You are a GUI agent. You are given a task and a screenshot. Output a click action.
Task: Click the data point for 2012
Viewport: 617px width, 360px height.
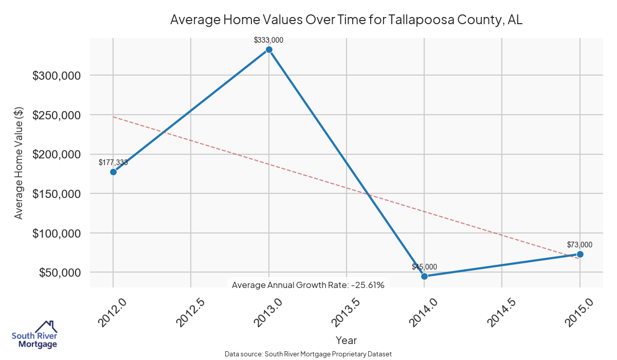(113, 172)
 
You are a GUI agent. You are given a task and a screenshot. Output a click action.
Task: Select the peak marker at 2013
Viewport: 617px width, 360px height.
(269, 49)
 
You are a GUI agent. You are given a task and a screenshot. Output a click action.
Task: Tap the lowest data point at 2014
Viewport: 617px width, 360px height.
(424, 276)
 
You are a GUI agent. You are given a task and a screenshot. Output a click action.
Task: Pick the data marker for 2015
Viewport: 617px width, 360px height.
(580, 254)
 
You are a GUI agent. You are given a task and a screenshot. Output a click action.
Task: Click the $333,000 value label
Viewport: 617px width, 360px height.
(269, 40)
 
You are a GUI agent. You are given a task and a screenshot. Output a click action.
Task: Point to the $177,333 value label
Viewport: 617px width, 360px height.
(113, 163)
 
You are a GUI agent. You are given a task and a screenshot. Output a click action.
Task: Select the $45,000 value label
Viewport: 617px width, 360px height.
(424, 266)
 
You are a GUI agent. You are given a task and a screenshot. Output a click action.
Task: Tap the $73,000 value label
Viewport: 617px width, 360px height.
(579, 245)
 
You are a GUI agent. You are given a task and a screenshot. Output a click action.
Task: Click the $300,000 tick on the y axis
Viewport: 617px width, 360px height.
(57, 76)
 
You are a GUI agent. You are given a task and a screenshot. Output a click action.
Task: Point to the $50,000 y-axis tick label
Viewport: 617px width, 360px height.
(60, 273)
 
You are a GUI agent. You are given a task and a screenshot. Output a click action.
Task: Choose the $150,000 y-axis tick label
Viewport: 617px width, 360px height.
(57, 194)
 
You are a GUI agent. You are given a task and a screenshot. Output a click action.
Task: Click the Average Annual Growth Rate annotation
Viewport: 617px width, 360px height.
(308, 285)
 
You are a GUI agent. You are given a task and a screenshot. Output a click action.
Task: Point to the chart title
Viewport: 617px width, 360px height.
(346, 20)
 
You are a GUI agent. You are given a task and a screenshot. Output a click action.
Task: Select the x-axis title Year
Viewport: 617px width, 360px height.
(346, 340)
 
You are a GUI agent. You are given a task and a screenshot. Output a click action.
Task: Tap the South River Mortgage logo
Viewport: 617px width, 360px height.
(34, 335)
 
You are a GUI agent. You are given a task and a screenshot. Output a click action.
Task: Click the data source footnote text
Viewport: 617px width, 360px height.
(308, 354)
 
